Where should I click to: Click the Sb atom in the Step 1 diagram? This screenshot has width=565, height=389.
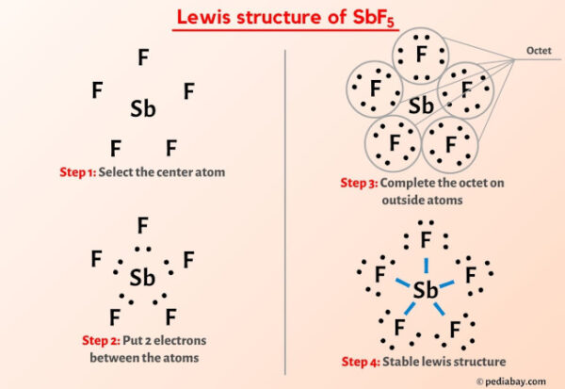143,110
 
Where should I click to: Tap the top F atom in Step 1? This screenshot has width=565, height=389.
143,57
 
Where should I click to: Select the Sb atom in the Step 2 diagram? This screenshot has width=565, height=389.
143,277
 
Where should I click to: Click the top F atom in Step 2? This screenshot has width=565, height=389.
143,225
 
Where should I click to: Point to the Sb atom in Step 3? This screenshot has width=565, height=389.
422,104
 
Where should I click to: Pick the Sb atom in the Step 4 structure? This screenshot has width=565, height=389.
426,290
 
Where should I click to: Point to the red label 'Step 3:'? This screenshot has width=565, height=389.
361,182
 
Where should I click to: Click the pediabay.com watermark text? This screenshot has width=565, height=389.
517,381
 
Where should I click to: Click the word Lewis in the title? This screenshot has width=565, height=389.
200,18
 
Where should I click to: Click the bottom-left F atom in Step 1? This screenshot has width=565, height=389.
115,149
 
